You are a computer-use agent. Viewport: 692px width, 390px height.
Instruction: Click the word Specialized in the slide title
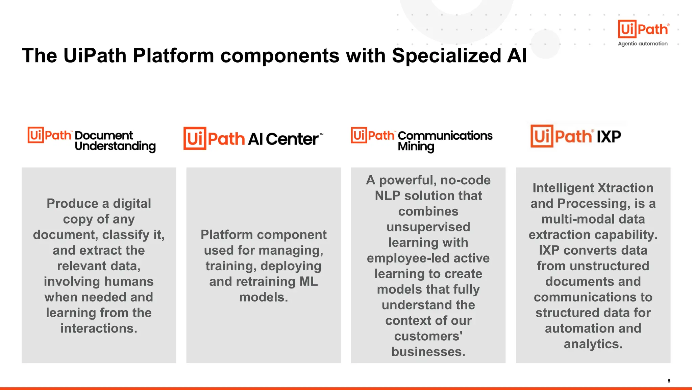click(x=446, y=55)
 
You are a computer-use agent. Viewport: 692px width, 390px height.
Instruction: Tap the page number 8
click(x=669, y=381)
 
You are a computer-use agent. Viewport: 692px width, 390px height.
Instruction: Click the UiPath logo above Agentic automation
click(x=643, y=29)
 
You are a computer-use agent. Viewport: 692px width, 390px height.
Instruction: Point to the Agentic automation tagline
click(x=643, y=44)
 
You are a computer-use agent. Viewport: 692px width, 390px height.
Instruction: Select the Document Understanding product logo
click(x=92, y=139)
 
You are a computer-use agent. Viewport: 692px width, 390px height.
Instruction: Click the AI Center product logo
click(x=253, y=138)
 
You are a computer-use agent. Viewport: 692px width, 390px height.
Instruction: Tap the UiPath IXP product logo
click(x=575, y=136)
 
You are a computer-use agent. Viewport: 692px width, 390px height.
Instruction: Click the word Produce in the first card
click(x=72, y=204)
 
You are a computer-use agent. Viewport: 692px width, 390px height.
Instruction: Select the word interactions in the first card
click(x=99, y=328)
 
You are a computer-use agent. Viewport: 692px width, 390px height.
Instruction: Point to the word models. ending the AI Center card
click(x=264, y=297)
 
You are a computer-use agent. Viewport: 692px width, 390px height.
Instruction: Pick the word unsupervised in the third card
click(x=428, y=227)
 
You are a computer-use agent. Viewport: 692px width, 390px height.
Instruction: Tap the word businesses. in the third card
click(x=428, y=352)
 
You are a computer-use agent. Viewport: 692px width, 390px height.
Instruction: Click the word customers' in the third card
click(x=428, y=336)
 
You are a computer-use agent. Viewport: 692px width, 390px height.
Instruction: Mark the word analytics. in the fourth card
click(x=593, y=344)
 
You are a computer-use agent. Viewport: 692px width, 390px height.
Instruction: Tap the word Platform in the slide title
click(x=173, y=55)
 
